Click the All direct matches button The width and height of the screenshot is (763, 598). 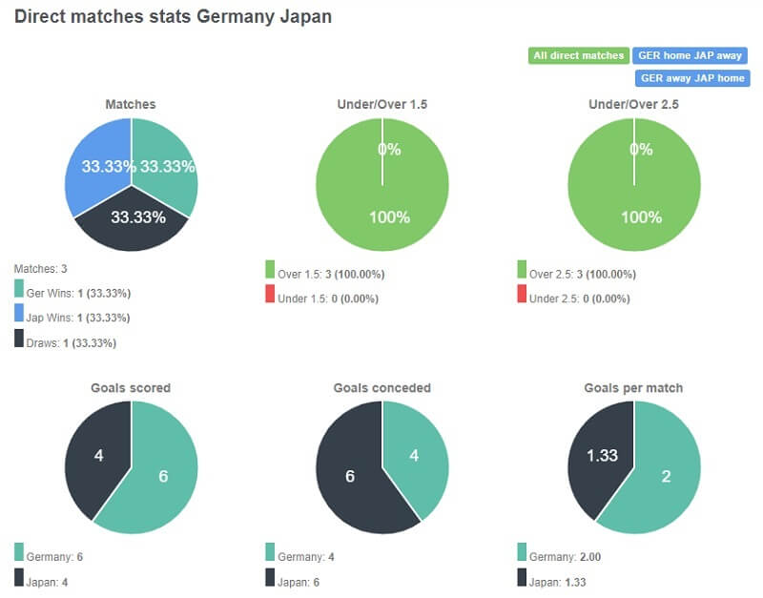pos(578,55)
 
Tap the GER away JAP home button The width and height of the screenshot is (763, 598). pos(691,78)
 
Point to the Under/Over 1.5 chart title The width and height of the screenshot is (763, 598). pos(381,104)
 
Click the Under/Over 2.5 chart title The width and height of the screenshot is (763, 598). pos(634,104)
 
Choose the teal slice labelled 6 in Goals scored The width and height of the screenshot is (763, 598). pos(162,477)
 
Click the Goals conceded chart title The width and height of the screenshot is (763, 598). pos(381,388)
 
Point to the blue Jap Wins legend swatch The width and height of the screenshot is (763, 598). pos(19,315)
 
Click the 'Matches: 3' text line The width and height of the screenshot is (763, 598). pos(40,270)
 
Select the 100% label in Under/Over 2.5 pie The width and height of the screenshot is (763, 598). pos(641,217)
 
